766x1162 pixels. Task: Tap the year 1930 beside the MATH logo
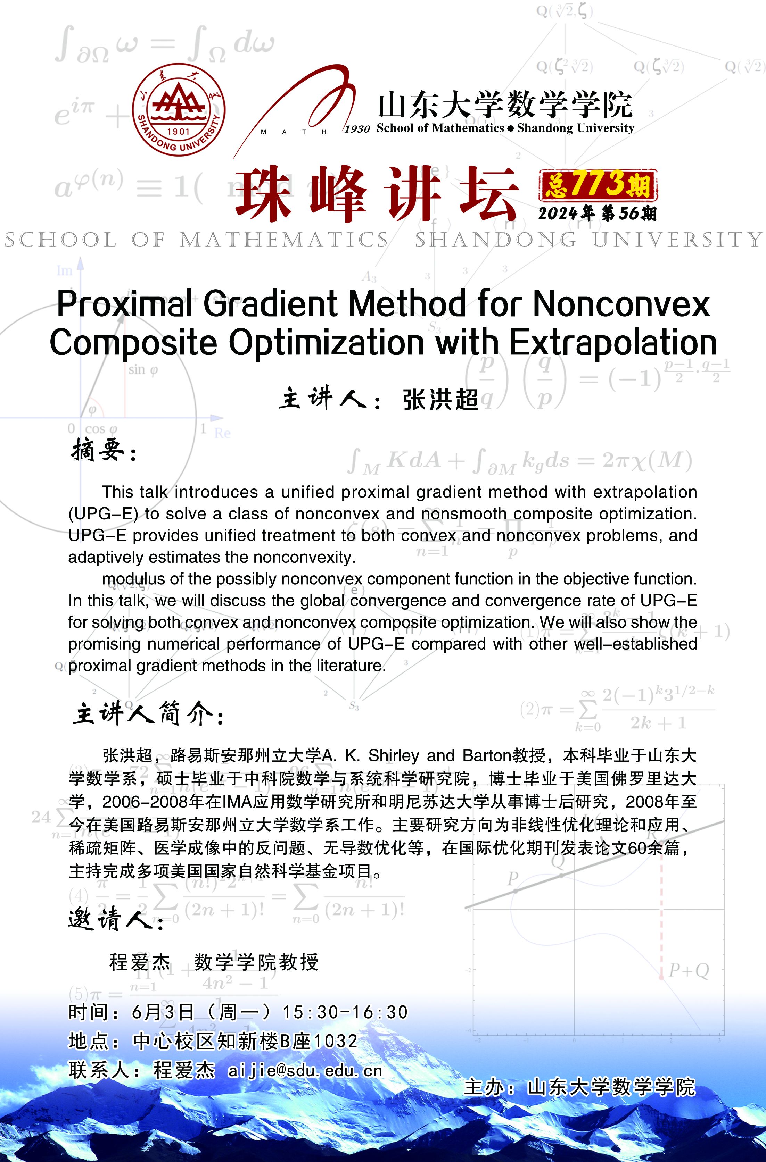point(357,129)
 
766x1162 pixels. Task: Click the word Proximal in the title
point(125,304)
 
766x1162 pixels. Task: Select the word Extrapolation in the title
point(613,342)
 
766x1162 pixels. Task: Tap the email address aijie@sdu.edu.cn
point(305,1071)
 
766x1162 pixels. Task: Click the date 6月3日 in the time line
point(163,1012)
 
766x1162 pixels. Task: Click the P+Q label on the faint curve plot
point(689,970)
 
